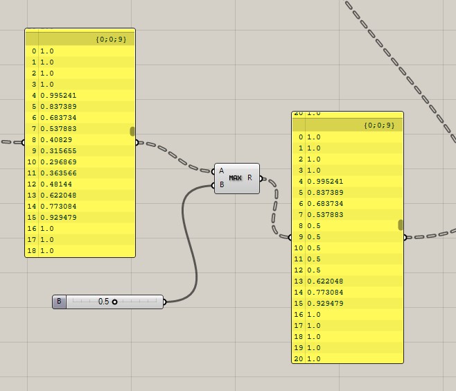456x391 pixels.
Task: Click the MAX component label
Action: coord(236,178)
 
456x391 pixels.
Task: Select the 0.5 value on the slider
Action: coord(103,302)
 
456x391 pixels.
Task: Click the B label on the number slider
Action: coord(59,302)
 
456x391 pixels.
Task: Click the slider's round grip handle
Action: coord(115,302)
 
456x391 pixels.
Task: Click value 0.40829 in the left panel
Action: coord(56,140)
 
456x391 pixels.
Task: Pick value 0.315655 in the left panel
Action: coord(58,151)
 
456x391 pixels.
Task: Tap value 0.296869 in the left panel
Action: coord(58,162)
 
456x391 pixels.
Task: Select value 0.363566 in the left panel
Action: coord(58,173)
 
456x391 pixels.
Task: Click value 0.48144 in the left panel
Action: coord(56,184)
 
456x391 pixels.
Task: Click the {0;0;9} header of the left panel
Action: coord(111,40)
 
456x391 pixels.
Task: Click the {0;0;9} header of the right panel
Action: coord(378,125)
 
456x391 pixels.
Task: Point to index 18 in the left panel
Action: coord(32,251)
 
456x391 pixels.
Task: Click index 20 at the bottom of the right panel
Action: coord(299,359)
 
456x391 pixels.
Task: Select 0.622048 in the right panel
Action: coord(325,281)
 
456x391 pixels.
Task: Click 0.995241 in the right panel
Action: coord(325,182)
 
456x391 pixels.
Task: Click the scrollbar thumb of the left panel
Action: coord(132,132)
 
